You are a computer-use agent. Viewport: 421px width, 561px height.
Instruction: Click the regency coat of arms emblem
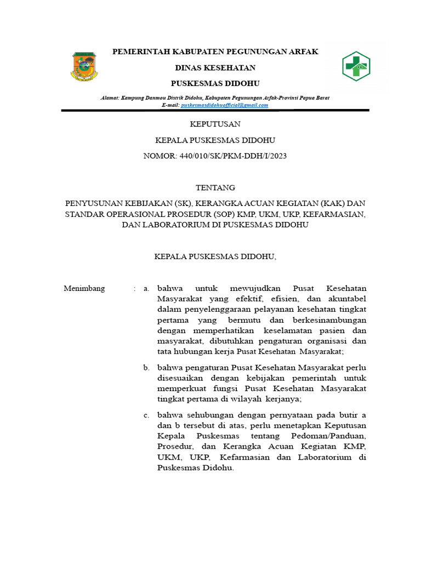(x=83, y=67)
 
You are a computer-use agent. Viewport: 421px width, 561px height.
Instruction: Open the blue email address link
(x=225, y=105)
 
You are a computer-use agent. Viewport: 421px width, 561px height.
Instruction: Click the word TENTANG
(x=215, y=187)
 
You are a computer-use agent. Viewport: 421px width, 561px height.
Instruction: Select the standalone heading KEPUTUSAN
(x=215, y=124)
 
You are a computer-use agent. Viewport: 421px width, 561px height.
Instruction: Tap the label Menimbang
(x=84, y=288)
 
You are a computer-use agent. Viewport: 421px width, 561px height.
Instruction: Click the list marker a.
(x=146, y=288)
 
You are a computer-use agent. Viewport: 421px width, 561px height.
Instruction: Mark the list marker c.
(x=146, y=415)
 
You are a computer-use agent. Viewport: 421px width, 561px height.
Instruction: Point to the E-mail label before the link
(x=170, y=105)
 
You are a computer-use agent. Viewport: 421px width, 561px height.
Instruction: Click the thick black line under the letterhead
(x=215, y=111)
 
